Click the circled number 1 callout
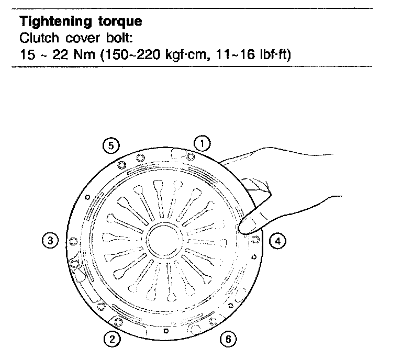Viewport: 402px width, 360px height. point(203,142)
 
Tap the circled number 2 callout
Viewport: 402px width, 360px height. point(111,339)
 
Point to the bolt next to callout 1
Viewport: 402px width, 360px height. point(190,155)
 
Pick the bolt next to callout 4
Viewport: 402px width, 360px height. point(255,240)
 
